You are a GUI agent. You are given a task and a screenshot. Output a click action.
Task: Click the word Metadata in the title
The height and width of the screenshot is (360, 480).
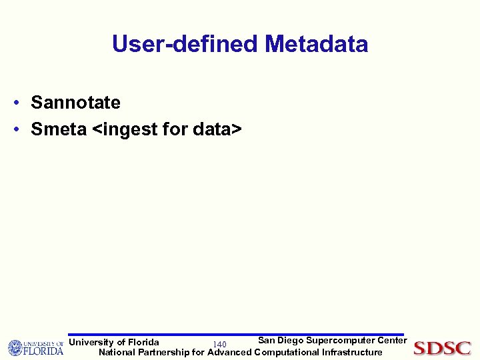(x=316, y=44)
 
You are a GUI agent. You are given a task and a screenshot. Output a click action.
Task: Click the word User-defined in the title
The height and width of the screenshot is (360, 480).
(x=185, y=44)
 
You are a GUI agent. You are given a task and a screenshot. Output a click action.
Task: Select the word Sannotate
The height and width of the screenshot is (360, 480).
(x=75, y=103)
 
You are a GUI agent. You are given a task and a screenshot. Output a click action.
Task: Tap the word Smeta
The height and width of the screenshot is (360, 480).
(x=59, y=129)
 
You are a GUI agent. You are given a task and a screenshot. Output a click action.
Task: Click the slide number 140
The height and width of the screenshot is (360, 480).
(x=219, y=344)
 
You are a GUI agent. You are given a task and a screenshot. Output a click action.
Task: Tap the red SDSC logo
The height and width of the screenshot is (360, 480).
(x=442, y=348)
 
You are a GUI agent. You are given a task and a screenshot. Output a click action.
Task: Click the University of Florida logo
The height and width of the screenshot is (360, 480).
(x=35, y=348)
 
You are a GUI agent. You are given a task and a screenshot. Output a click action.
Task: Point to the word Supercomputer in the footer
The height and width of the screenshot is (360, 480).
(x=339, y=341)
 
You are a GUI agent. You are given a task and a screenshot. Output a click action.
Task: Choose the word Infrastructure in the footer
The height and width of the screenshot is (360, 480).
(x=352, y=352)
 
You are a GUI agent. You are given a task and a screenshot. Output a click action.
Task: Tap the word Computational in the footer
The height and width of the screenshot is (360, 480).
(x=286, y=352)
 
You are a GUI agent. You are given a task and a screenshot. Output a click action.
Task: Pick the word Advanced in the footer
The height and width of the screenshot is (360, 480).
(x=229, y=352)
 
